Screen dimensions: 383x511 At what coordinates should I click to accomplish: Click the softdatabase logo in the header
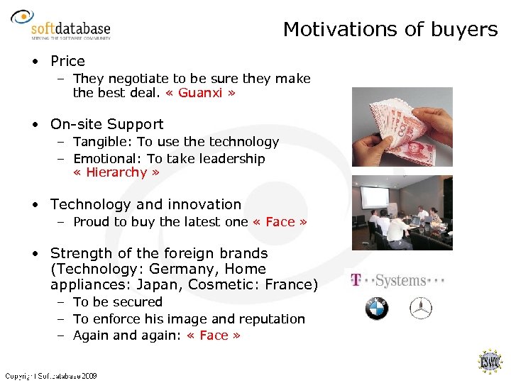click(62, 27)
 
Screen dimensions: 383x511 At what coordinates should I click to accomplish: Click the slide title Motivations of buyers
click(390, 29)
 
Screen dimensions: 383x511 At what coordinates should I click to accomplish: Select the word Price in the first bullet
click(67, 62)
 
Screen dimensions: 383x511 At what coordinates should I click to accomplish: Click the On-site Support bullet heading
click(106, 124)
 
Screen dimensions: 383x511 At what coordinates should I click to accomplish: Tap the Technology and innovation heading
click(145, 204)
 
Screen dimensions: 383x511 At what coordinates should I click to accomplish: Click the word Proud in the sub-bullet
click(91, 222)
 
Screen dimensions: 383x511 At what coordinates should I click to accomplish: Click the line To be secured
click(118, 302)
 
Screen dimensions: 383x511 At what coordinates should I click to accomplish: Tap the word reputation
click(269, 319)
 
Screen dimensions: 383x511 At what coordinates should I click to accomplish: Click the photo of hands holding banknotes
click(402, 126)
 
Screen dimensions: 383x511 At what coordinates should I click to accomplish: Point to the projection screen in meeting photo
click(379, 200)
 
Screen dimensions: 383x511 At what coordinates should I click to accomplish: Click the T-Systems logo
click(397, 280)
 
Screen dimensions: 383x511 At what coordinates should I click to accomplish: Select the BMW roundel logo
click(376, 309)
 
